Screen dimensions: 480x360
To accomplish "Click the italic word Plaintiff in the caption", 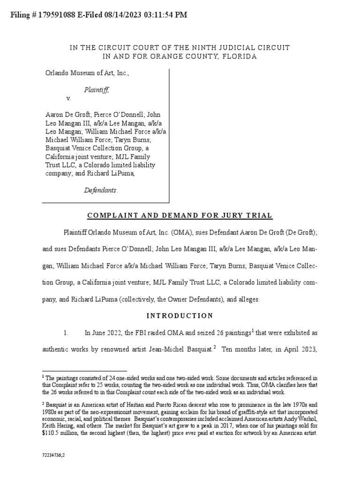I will [97, 90].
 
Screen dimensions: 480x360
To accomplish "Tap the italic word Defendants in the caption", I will [101, 190].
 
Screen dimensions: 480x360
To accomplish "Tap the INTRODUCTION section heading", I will [180, 315].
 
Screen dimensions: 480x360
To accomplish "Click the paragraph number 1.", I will [66, 333].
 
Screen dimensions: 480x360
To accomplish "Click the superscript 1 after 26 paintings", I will [252, 331].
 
